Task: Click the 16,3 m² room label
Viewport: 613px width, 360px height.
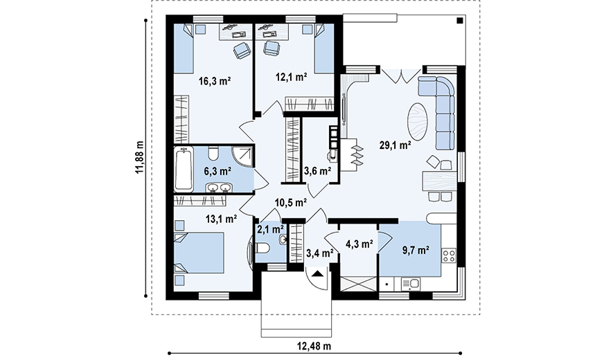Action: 215,81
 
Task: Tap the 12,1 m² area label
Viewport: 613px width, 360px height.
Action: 291,77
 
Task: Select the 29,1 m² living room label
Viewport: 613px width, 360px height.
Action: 395,145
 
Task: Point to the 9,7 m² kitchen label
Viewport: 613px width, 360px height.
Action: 416,250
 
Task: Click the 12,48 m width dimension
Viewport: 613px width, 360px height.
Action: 314,346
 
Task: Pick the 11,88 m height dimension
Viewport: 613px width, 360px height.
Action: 139,158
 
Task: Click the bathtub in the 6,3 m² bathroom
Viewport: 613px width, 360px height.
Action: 184,169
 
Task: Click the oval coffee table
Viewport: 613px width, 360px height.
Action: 418,123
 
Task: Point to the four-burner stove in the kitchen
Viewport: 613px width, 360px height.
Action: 449,256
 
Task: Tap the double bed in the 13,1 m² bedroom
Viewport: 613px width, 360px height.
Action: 199,253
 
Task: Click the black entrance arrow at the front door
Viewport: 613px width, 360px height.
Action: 317,273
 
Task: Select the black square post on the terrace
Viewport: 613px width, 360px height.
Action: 460,21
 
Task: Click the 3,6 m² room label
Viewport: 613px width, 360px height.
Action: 317,171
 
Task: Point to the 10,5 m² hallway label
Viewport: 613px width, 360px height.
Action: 290,202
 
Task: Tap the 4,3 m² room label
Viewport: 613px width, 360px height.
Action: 359,244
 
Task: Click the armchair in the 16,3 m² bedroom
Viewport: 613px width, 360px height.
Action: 242,51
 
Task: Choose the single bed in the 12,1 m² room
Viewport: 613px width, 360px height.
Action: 324,48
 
